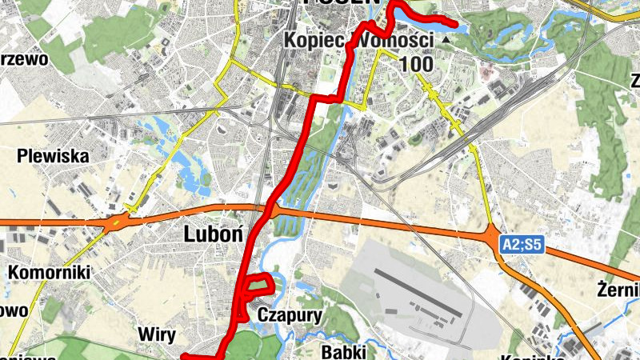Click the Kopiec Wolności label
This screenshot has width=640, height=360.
pos(359,40)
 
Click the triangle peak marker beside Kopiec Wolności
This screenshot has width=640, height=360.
pos(444,38)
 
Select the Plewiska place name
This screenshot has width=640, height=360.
pos(53,156)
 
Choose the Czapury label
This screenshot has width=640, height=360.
pos(290,315)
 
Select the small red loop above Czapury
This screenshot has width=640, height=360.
pos(259,285)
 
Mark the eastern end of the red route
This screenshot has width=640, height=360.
pos(458,26)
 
